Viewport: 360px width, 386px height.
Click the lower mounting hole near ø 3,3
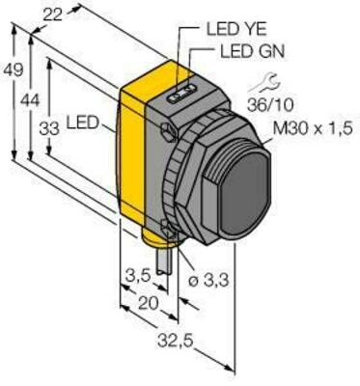tap(170, 228)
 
